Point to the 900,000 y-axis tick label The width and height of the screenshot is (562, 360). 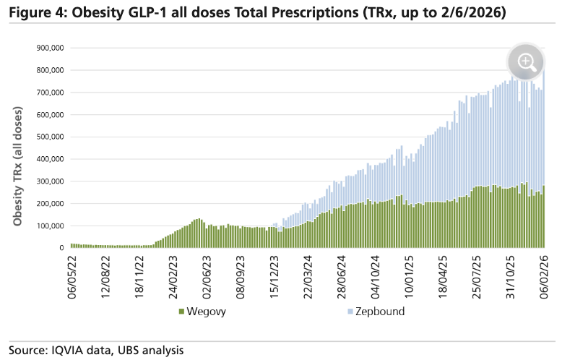(x=48, y=48)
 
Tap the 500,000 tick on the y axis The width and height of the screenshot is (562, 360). (x=48, y=137)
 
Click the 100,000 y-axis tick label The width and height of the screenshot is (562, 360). (x=48, y=226)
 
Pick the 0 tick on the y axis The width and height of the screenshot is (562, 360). (x=61, y=248)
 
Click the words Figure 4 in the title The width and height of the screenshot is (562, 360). (x=33, y=14)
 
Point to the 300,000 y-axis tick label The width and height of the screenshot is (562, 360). (x=48, y=181)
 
